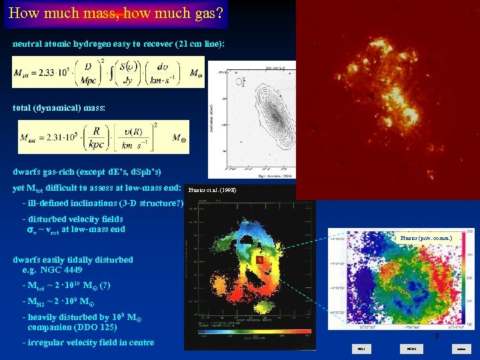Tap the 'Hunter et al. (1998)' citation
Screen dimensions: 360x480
click(212, 190)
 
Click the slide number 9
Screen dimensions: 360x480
click(437, 337)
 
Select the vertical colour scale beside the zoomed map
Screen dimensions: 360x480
click(471, 277)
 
